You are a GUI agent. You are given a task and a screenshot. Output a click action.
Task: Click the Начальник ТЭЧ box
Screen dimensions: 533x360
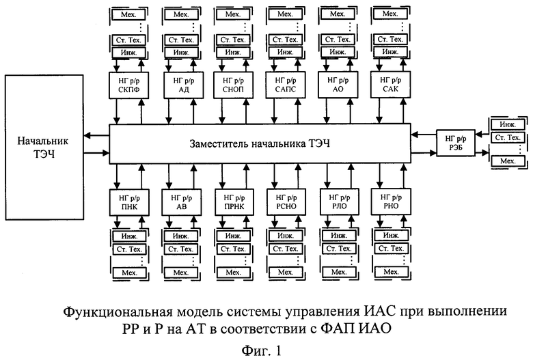coord(44,147)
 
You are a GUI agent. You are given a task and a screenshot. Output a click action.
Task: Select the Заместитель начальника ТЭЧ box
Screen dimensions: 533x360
coord(260,144)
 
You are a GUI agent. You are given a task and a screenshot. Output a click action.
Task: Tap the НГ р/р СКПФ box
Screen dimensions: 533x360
coord(129,85)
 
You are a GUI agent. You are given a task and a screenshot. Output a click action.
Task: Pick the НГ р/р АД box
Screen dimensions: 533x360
coord(184,85)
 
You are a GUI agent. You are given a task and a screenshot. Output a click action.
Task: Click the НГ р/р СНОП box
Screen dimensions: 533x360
coord(233,85)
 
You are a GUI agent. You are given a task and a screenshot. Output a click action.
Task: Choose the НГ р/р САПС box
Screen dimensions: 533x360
coord(286,85)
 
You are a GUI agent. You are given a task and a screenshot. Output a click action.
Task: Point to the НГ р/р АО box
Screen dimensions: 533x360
coord(338,85)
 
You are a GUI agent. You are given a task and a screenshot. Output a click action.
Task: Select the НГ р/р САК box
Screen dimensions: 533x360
coord(390,85)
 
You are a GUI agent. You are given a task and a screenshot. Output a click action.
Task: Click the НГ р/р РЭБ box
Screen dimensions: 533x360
coord(456,143)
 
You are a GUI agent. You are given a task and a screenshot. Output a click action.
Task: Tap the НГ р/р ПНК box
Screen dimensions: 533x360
coord(129,202)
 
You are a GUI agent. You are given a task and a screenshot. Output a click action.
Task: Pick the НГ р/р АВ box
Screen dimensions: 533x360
coord(182,202)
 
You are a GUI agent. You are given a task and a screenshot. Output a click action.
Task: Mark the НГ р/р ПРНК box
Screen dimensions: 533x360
coord(234,202)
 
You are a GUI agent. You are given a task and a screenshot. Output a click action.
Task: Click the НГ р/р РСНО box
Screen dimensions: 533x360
coord(286,202)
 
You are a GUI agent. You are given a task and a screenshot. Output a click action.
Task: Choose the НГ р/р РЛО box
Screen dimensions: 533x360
coord(339,202)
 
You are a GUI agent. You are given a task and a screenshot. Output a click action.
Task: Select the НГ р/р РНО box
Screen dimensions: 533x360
coord(391,202)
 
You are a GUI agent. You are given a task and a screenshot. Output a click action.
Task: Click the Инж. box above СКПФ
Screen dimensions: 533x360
coord(129,53)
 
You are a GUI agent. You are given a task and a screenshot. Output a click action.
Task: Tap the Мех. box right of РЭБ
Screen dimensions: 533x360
coord(508,161)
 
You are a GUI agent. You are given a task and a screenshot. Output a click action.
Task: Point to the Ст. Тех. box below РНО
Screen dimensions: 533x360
coord(391,249)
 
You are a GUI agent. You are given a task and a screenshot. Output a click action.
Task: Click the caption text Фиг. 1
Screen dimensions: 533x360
coord(262,350)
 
